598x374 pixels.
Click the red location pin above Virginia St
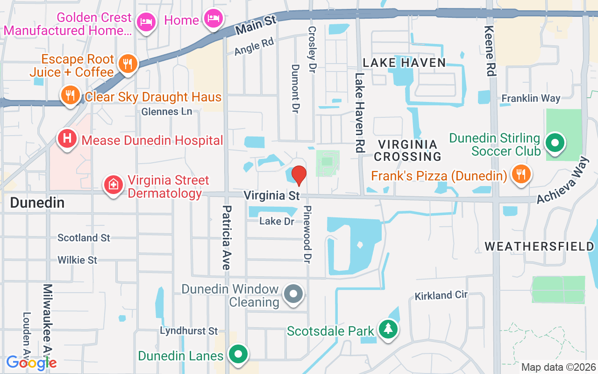coord(299,176)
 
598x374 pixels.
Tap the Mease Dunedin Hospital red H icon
coord(67,139)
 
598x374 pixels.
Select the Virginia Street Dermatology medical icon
coord(113,185)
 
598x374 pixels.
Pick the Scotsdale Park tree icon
coord(388,329)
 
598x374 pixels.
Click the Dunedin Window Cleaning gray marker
coord(294,294)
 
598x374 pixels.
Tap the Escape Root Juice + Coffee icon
coord(127,64)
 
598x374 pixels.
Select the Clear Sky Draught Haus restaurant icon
coord(70,95)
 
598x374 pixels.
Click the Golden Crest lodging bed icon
coord(146,22)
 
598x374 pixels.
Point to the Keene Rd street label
coord(490,51)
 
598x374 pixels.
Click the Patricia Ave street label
coord(227,237)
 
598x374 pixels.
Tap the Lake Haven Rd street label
coord(359,113)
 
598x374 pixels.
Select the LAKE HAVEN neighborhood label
coord(404,63)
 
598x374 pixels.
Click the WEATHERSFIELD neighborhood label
coord(539,246)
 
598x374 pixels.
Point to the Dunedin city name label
coord(37,202)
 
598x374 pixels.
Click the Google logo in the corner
coord(32,362)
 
